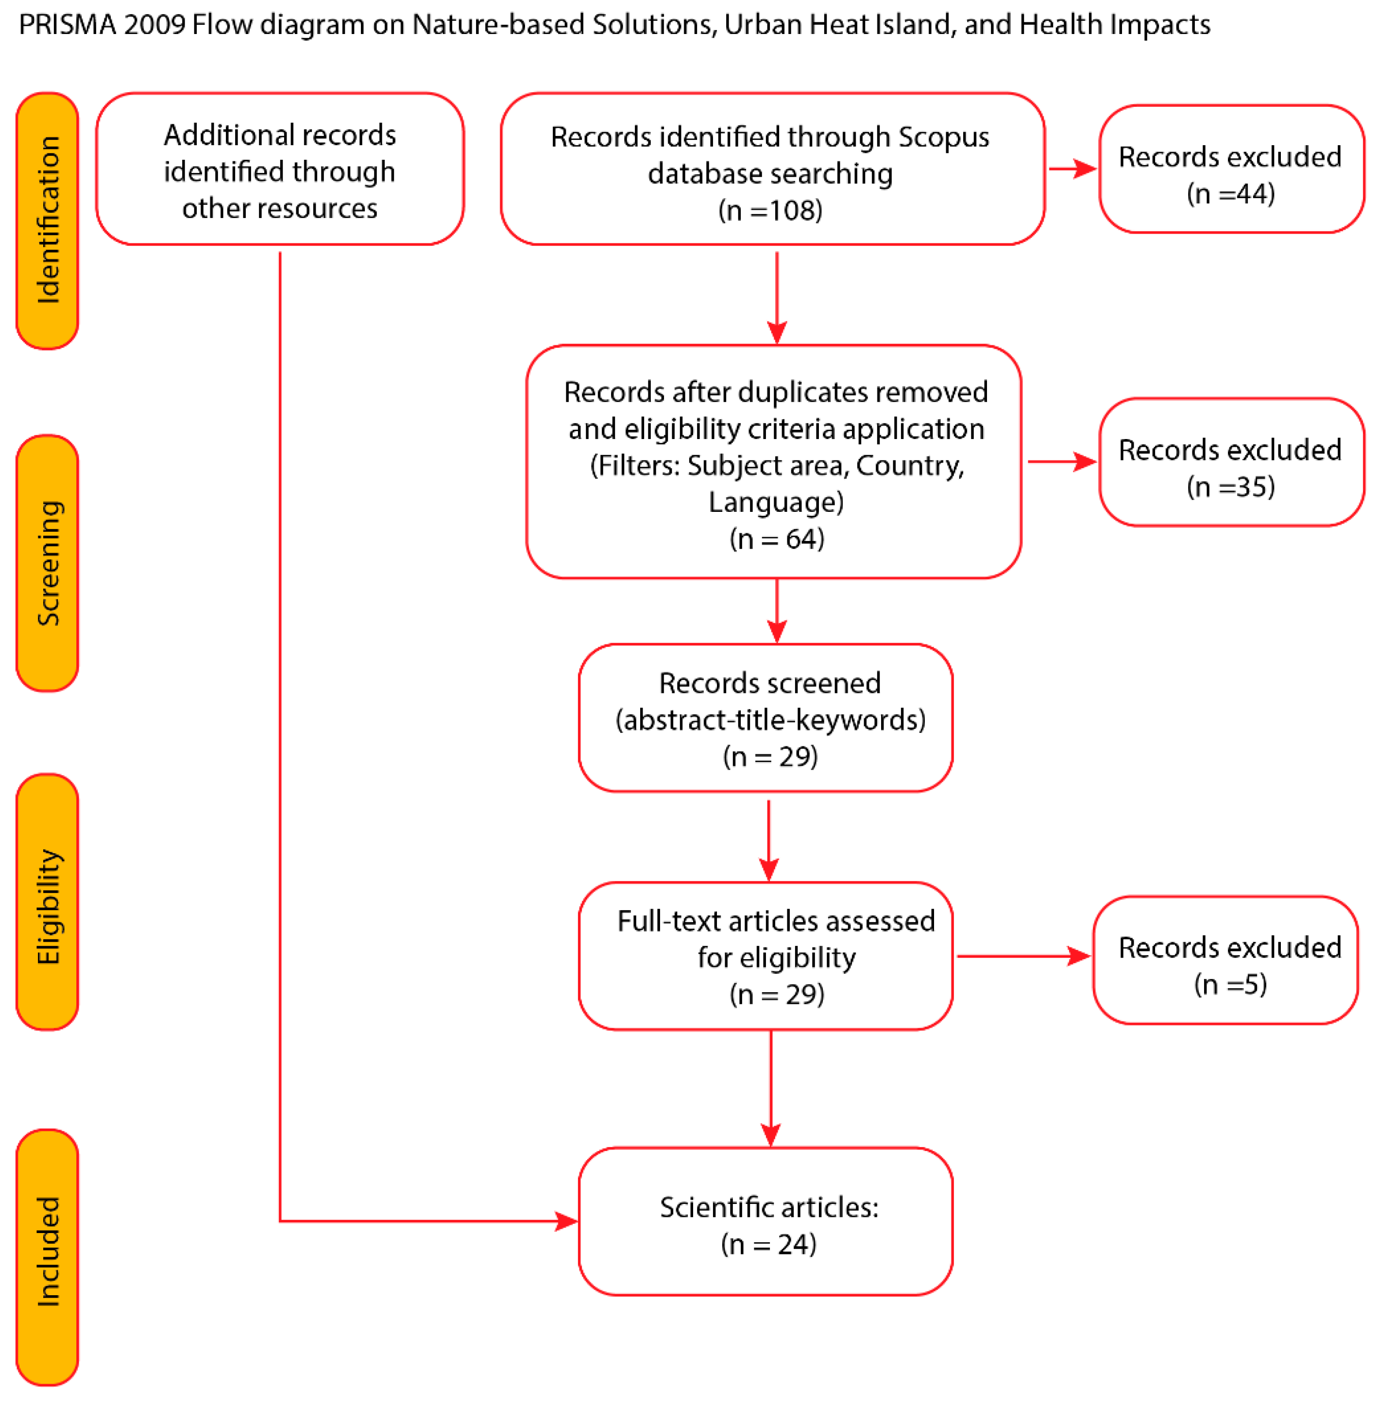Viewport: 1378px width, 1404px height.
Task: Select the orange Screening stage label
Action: [x=47, y=562]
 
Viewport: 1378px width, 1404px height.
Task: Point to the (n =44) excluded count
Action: [x=1230, y=194]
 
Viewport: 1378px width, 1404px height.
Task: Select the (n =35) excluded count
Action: [x=1230, y=487]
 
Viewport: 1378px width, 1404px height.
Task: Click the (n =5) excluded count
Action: [x=1230, y=984]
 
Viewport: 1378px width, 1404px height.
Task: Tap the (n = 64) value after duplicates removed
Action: [x=777, y=539]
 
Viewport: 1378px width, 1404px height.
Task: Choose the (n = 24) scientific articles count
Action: [x=768, y=1244]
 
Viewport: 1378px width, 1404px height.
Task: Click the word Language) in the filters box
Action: [x=776, y=502]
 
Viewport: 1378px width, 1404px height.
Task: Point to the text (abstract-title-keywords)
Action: [x=770, y=720]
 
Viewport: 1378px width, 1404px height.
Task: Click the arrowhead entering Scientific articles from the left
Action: [x=566, y=1221]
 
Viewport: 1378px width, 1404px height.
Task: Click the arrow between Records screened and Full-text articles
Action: [x=768, y=840]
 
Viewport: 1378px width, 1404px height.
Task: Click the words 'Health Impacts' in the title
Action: [x=1115, y=25]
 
